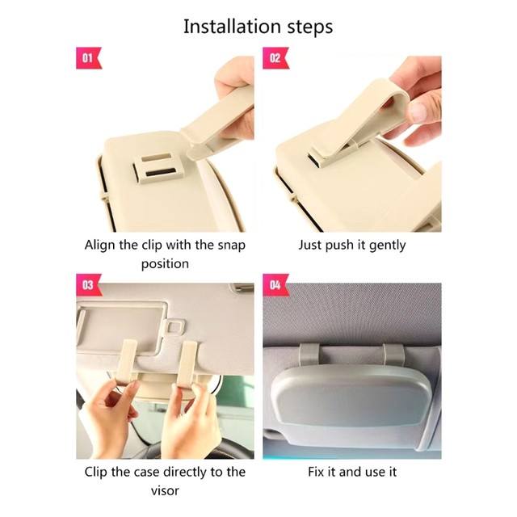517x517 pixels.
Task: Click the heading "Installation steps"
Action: point(258,27)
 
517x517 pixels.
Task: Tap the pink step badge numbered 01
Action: point(88,58)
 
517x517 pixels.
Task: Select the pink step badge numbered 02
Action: point(275,58)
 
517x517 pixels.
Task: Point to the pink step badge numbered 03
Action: point(88,285)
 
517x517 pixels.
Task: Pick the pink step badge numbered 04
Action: point(275,285)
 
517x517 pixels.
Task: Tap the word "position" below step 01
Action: point(165,264)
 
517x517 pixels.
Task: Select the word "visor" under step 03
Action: point(165,491)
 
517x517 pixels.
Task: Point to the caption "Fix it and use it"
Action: point(352,472)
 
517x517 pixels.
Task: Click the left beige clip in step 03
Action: point(127,363)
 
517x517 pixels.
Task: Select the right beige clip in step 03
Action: point(187,364)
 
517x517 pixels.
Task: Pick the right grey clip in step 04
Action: point(394,355)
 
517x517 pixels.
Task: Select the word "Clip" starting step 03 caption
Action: point(96,473)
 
